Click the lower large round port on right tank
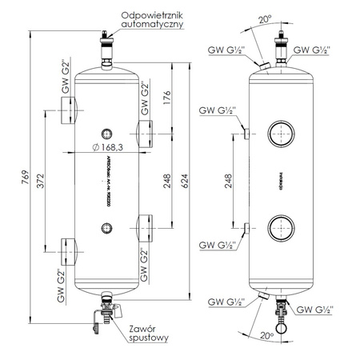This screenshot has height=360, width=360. [280, 229]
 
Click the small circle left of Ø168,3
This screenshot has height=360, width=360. [105, 132]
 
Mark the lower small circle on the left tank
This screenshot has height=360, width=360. [105, 229]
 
